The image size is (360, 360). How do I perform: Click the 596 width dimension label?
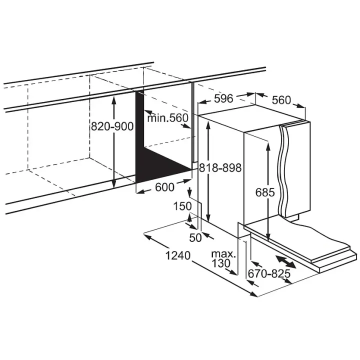pyautogui.click(x=223, y=98)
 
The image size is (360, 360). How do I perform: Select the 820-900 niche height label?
pyautogui.click(x=112, y=126)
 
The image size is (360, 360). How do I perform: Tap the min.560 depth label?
pyautogui.click(x=167, y=118)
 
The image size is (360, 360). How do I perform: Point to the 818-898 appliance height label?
pyautogui.click(x=220, y=168)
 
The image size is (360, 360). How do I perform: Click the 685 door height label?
pyautogui.click(x=265, y=192)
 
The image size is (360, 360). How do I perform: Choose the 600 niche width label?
pyautogui.click(x=164, y=187)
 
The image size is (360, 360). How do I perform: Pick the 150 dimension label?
pyautogui.click(x=182, y=206)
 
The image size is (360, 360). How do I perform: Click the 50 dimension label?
pyautogui.click(x=195, y=238)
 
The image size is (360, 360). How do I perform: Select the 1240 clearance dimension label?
pyautogui.click(x=178, y=255)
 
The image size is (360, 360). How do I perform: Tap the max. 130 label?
pyautogui.click(x=222, y=259)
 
